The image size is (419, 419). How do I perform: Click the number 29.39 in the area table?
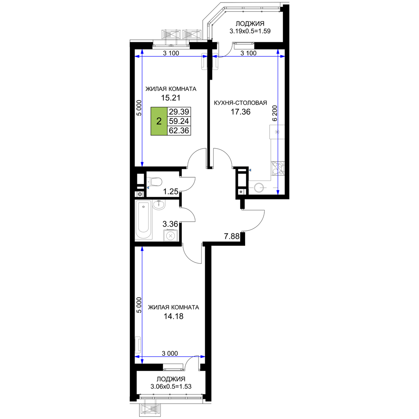(179, 112)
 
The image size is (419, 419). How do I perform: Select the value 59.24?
(179, 122)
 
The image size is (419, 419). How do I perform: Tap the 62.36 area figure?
(179, 131)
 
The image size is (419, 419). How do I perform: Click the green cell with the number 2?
(159, 122)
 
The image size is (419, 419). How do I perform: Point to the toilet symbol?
(155, 182)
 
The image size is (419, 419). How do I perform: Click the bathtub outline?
(143, 220)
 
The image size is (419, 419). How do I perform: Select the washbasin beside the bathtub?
(160, 205)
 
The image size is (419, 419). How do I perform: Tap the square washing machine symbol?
(171, 235)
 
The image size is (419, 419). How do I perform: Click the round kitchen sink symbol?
(259, 187)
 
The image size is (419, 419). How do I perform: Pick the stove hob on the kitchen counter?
(277, 169)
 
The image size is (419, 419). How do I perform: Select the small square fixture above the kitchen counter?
(277, 132)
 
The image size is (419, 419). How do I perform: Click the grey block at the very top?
(181, 34)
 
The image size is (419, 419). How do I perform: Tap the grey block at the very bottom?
(150, 409)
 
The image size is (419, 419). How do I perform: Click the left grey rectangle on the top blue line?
(204, 62)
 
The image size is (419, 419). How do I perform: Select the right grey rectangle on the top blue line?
(215, 62)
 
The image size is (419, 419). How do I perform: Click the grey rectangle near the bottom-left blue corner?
(137, 344)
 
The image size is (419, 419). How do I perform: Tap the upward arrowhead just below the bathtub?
(142, 250)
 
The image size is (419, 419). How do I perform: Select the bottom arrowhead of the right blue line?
(278, 191)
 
